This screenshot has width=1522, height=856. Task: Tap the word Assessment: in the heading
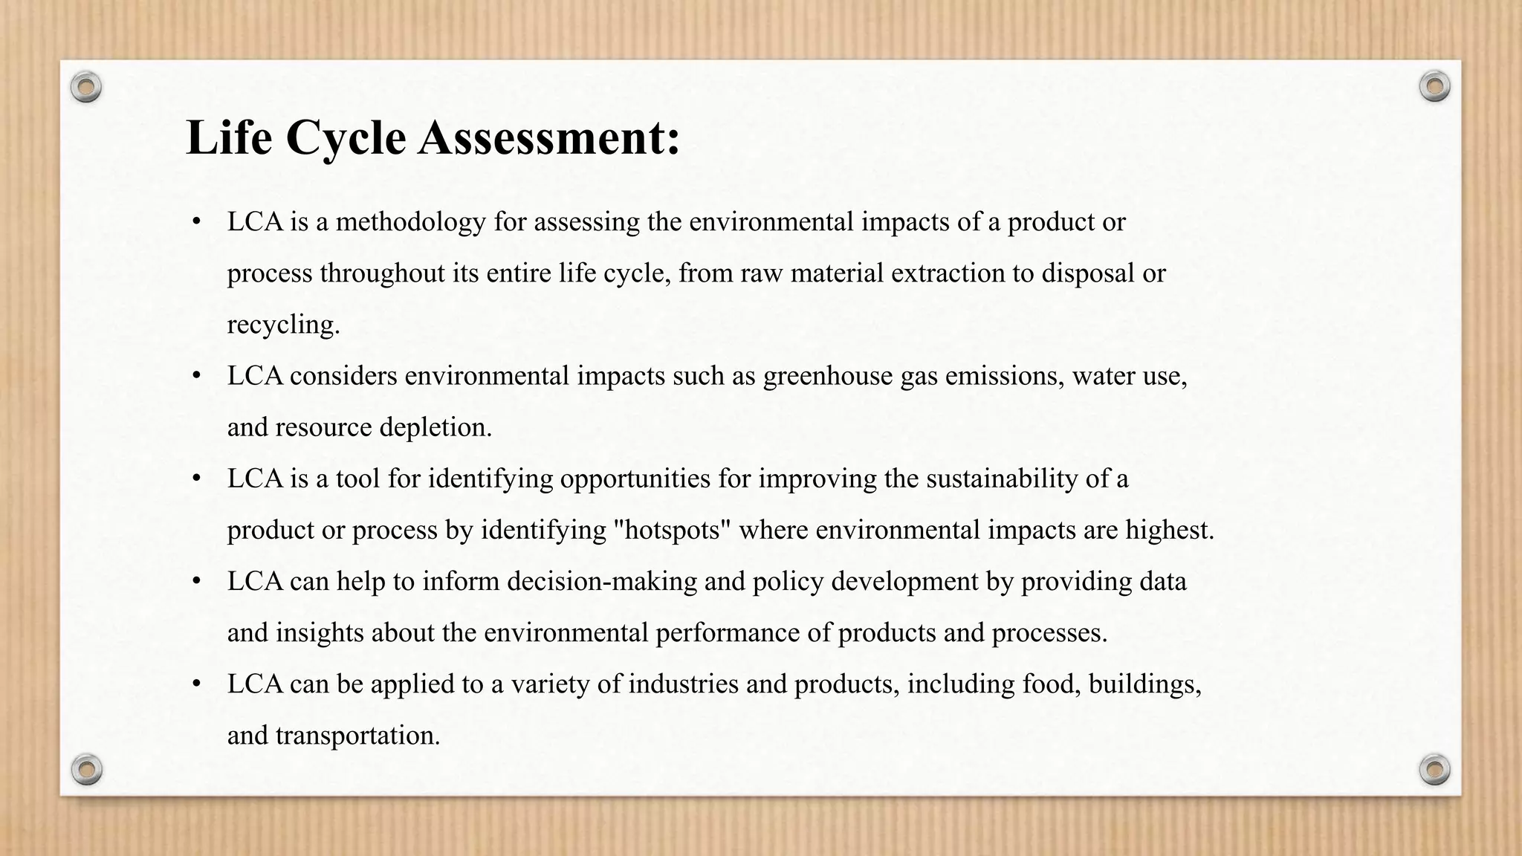tap(549, 138)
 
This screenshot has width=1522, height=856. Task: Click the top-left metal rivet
tap(86, 88)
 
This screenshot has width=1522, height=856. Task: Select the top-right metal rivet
tap(1434, 86)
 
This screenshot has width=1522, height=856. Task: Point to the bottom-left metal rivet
tap(86, 769)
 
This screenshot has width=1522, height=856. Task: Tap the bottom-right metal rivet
tap(1434, 769)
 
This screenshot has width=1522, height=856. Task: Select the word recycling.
tap(283, 325)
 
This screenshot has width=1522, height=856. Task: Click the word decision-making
tap(602, 581)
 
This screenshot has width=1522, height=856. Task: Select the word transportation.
tap(357, 736)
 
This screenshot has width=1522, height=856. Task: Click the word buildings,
tap(1144, 684)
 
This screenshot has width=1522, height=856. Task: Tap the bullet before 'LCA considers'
tap(196, 376)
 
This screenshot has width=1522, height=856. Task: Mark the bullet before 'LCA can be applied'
tap(196, 684)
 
